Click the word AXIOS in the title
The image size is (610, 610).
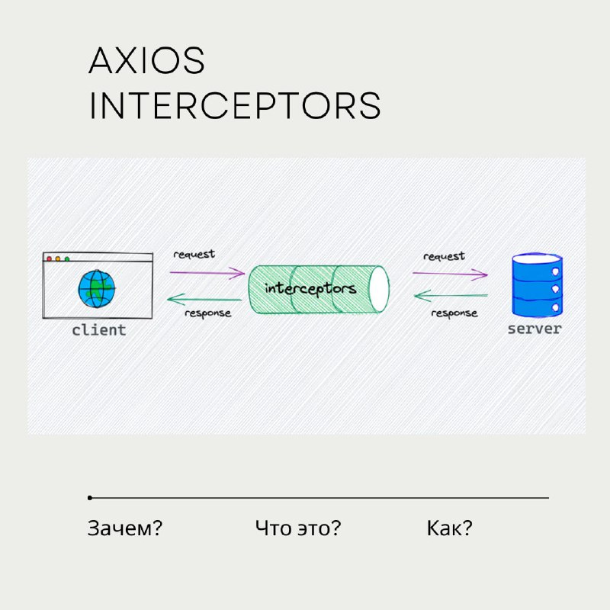click(x=146, y=60)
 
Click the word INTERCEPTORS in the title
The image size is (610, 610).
click(x=235, y=105)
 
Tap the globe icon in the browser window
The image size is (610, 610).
click(x=97, y=289)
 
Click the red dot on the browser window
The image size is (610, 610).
click(x=49, y=258)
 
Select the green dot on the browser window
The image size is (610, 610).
click(x=67, y=258)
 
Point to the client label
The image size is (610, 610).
click(x=99, y=330)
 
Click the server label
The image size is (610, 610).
click(x=535, y=329)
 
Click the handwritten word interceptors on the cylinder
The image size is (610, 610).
click(x=310, y=289)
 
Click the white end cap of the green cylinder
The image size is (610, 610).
click(x=378, y=289)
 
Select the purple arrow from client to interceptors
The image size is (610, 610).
click(x=207, y=273)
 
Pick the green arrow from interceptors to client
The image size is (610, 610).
click(x=204, y=299)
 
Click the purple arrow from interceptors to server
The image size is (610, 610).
click(x=450, y=274)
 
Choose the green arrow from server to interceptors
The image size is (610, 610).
click(x=451, y=296)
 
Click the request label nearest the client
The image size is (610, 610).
click(x=194, y=255)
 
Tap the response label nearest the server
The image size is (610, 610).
click(x=454, y=313)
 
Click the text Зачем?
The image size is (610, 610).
click(x=125, y=528)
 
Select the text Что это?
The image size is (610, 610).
click(x=298, y=528)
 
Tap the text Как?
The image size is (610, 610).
click(x=449, y=528)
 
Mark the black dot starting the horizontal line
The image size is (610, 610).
click(x=90, y=498)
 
